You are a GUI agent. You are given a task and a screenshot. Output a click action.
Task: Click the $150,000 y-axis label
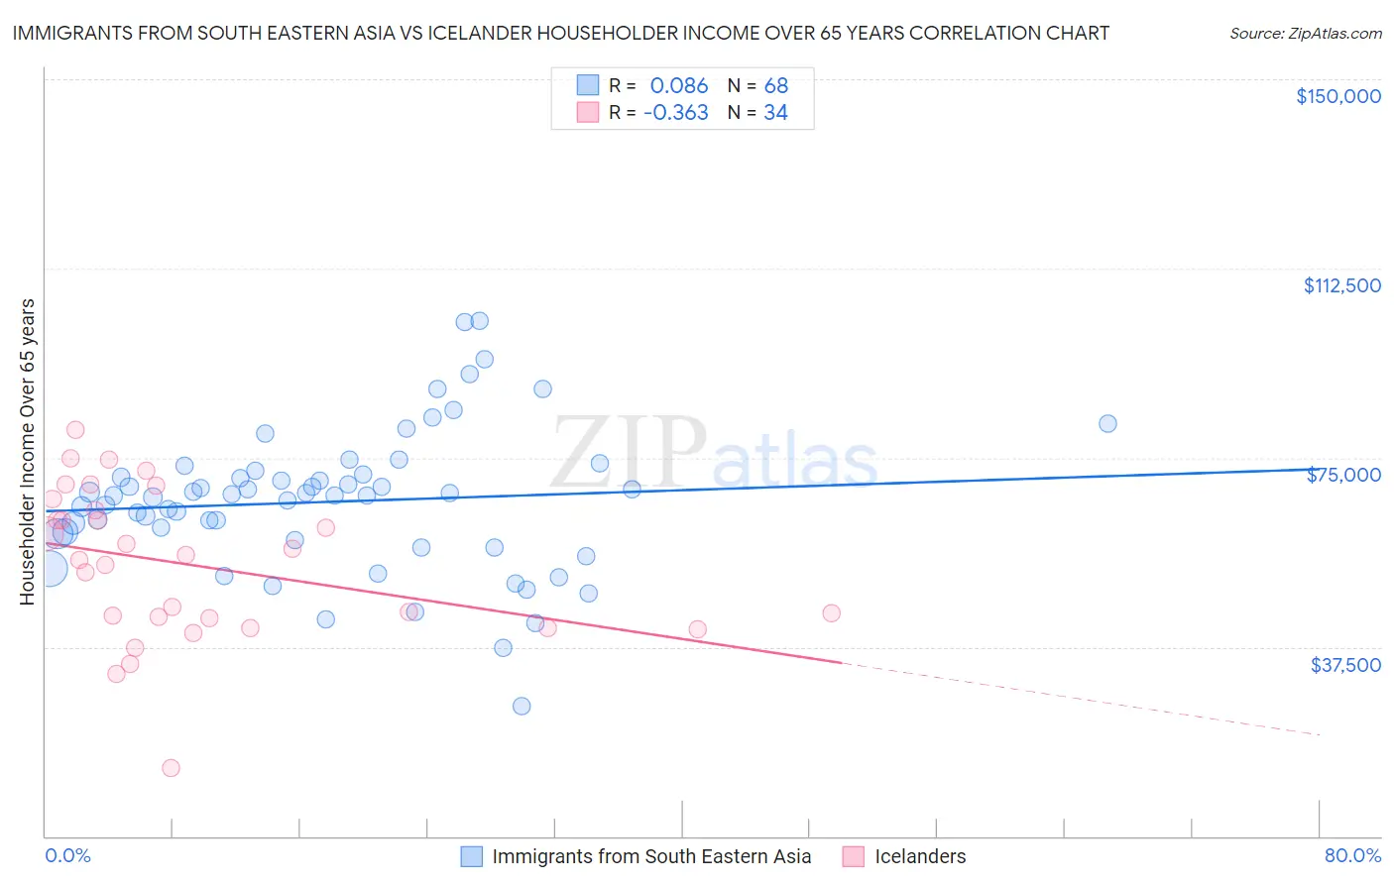(1338, 96)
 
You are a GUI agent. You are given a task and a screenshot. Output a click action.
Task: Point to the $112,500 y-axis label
(1341, 285)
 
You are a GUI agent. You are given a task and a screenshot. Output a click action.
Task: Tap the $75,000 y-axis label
(1343, 476)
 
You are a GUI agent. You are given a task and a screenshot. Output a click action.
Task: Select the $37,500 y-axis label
(1345, 665)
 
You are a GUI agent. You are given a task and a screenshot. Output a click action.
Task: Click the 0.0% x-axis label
(67, 855)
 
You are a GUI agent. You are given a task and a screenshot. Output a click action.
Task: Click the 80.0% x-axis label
(1352, 855)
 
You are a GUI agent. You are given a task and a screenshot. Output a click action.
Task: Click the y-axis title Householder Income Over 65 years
(28, 452)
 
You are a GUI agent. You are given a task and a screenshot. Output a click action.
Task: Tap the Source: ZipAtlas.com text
(1306, 33)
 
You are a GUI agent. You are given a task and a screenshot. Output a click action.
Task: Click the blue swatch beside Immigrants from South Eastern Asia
(471, 856)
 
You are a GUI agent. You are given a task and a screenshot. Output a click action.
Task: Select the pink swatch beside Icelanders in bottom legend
(854, 856)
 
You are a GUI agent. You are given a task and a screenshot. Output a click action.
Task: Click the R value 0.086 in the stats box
(679, 85)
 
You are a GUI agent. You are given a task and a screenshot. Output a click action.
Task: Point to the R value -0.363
(676, 113)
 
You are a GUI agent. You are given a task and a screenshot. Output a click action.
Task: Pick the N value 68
(776, 85)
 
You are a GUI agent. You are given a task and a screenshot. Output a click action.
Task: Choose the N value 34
(776, 113)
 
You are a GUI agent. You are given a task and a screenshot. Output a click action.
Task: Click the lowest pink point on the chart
(172, 768)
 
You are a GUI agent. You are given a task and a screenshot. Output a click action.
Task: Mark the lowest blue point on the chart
(522, 706)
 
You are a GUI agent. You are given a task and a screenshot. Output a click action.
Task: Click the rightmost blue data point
(1107, 424)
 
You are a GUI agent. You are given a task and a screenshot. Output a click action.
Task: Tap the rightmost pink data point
(832, 613)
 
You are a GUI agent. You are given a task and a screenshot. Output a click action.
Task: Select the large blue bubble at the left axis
(50, 569)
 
